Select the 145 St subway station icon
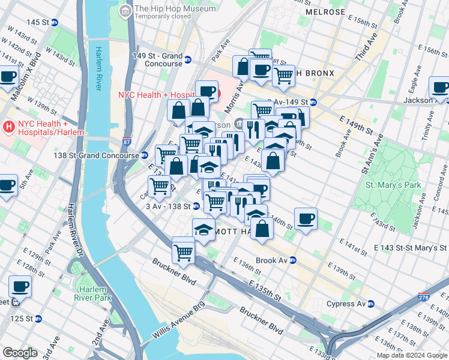click(55, 22)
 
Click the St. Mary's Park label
click(394, 185)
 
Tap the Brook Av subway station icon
click(293, 260)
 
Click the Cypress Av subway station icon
click(370, 304)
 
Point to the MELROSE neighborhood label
click(325, 12)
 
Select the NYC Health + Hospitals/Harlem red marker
click(9, 127)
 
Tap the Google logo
click(20, 353)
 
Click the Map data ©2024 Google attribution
click(412, 355)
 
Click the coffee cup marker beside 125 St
click(20, 287)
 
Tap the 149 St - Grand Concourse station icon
click(188, 60)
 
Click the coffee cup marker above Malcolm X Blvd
click(8, 77)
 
